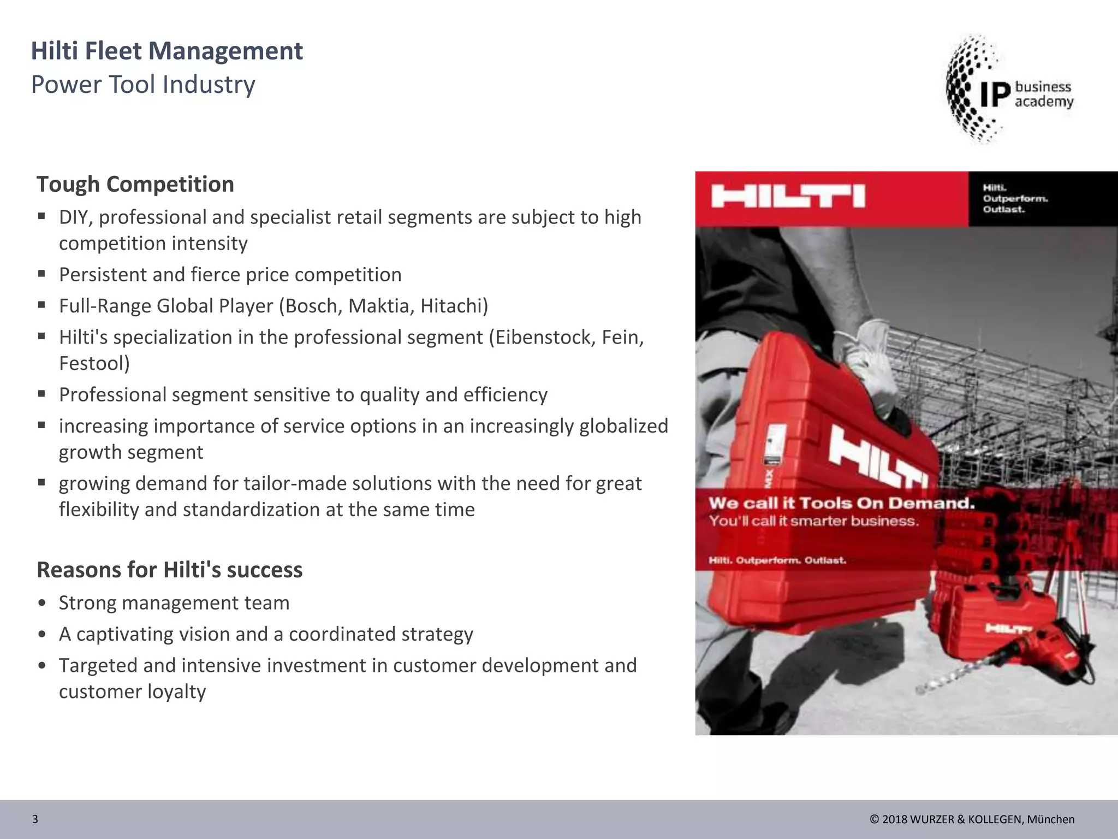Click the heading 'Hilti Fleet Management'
166,51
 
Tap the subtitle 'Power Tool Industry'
143,85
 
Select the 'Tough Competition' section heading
135,185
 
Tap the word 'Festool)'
94,363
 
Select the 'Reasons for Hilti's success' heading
169,570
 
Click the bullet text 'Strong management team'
174,603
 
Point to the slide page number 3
35,819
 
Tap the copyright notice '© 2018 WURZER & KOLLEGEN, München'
972,819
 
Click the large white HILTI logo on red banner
788,197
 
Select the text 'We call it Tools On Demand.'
841,503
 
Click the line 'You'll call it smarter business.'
814,521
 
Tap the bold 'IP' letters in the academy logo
996,94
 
